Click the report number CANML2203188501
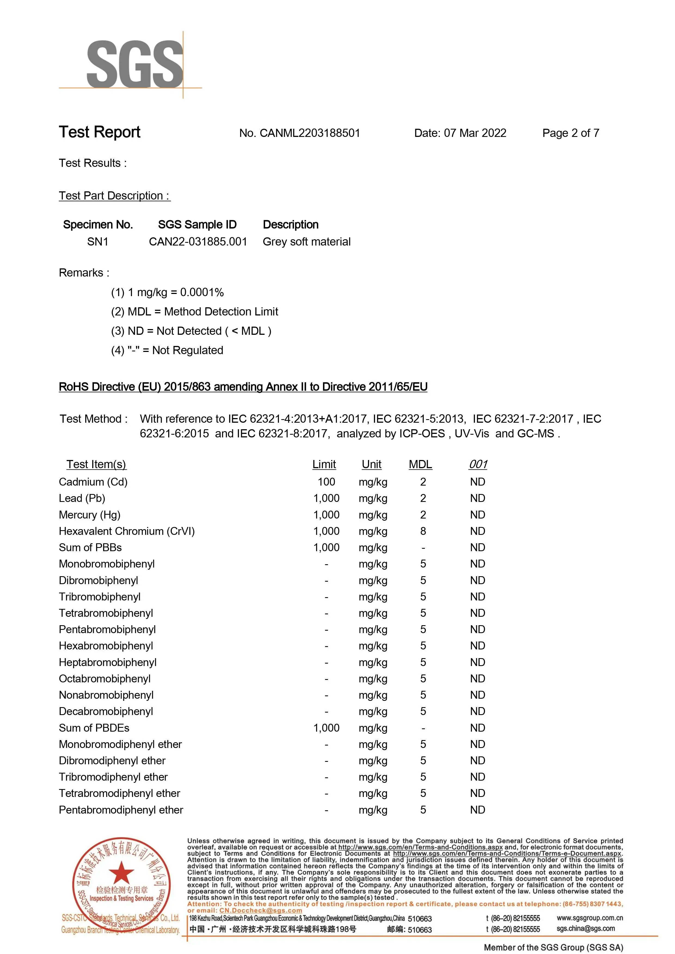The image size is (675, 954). pyautogui.click(x=299, y=133)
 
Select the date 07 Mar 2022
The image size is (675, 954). pyautogui.click(x=475, y=133)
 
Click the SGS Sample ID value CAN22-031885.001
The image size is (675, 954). pyautogui.click(x=198, y=242)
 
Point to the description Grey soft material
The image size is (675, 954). pyautogui.click(x=306, y=242)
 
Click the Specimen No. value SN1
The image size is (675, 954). pyautogui.click(x=98, y=242)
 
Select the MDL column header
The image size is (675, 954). pyautogui.click(x=420, y=464)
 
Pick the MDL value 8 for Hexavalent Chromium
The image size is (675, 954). pyautogui.click(x=423, y=531)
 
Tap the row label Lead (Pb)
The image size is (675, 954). pyautogui.click(x=82, y=498)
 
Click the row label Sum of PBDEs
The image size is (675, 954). pyautogui.click(x=94, y=728)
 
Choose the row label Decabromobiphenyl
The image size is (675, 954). pyautogui.click(x=106, y=712)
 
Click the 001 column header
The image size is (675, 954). pyautogui.click(x=478, y=464)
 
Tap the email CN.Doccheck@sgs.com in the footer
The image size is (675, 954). pyautogui.click(x=260, y=910)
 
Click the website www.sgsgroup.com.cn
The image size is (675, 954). pyautogui.click(x=589, y=918)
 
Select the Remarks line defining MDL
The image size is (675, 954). pyautogui.click(x=195, y=312)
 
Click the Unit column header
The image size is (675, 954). pyautogui.click(x=371, y=464)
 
